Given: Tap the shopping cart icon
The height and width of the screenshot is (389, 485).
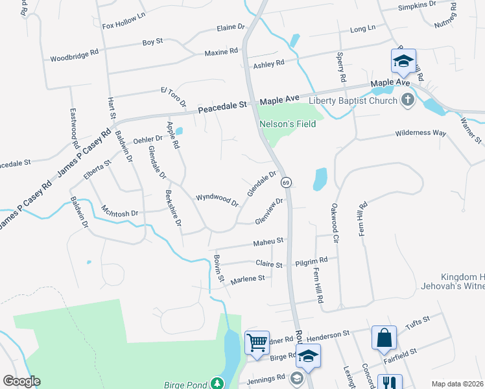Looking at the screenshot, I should pyautogui.click(x=257, y=341).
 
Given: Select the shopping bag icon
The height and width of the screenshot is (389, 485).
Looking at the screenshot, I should pyautogui.click(x=384, y=337).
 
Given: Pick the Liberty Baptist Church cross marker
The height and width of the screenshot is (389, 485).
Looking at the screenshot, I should pyautogui.click(x=407, y=100).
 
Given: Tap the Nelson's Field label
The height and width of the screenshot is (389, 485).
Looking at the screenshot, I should pyautogui.click(x=287, y=124).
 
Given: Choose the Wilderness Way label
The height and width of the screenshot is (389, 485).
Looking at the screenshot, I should pyautogui.click(x=421, y=133).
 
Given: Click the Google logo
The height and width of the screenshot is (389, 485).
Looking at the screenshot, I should pyautogui.click(x=21, y=381).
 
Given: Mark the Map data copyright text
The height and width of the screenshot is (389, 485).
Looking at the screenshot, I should pyautogui.click(x=456, y=383).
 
